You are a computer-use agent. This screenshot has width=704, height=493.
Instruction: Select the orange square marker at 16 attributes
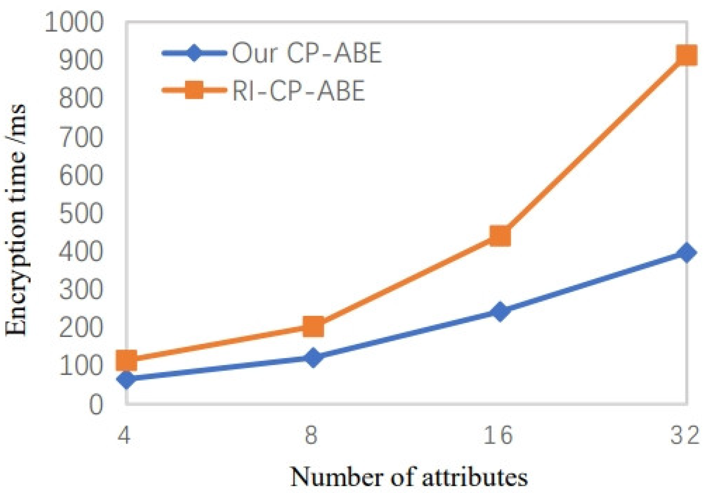pyautogui.click(x=500, y=236)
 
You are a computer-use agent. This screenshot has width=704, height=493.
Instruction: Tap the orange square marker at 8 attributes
pyautogui.click(x=313, y=326)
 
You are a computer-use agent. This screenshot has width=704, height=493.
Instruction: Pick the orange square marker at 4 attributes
pyautogui.click(x=126, y=360)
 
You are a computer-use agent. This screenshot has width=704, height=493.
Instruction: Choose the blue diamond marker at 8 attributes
pyautogui.click(x=313, y=357)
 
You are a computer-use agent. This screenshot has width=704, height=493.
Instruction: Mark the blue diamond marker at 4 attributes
pyautogui.click(x=126, y=380)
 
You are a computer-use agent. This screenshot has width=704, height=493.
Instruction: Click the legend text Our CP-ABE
pyautogui.click(x=307, y=53)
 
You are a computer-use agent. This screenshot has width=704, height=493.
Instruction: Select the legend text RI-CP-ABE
pyautogui.click(x=298, y=91)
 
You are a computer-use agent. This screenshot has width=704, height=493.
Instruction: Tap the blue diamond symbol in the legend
pyautogui.click(x=194, y=53)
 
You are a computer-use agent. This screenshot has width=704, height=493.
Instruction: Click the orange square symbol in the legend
pyautogui.click(x=194, y=90)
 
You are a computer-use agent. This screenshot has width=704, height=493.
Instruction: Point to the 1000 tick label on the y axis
pyautogui.click(x=74, y=23)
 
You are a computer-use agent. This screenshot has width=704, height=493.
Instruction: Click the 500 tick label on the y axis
pyautogui.click(x=81, y=214)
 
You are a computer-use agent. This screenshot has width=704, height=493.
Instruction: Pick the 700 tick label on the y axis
pyautogui.click(x=81, y=138)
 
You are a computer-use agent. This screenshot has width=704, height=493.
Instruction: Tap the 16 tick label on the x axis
pyautogui.click(x=498, y=435)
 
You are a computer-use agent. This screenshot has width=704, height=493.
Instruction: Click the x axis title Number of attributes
pyautogui.click(x=409, y=477)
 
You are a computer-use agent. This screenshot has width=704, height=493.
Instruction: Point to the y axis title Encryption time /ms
pyautogui.click(x=16, y=220)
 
